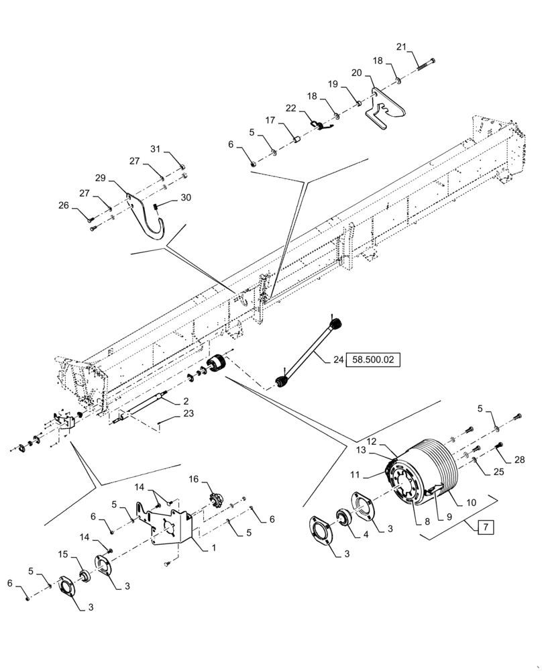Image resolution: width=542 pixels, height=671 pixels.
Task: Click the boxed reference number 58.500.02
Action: click(x=373, y=360)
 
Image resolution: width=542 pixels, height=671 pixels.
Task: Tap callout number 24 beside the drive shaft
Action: click(x=337, y=360)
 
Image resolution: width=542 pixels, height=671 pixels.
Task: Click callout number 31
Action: click(x=155, y=148)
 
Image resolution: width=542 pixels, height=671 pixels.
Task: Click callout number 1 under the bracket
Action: click(x=213, y=548)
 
